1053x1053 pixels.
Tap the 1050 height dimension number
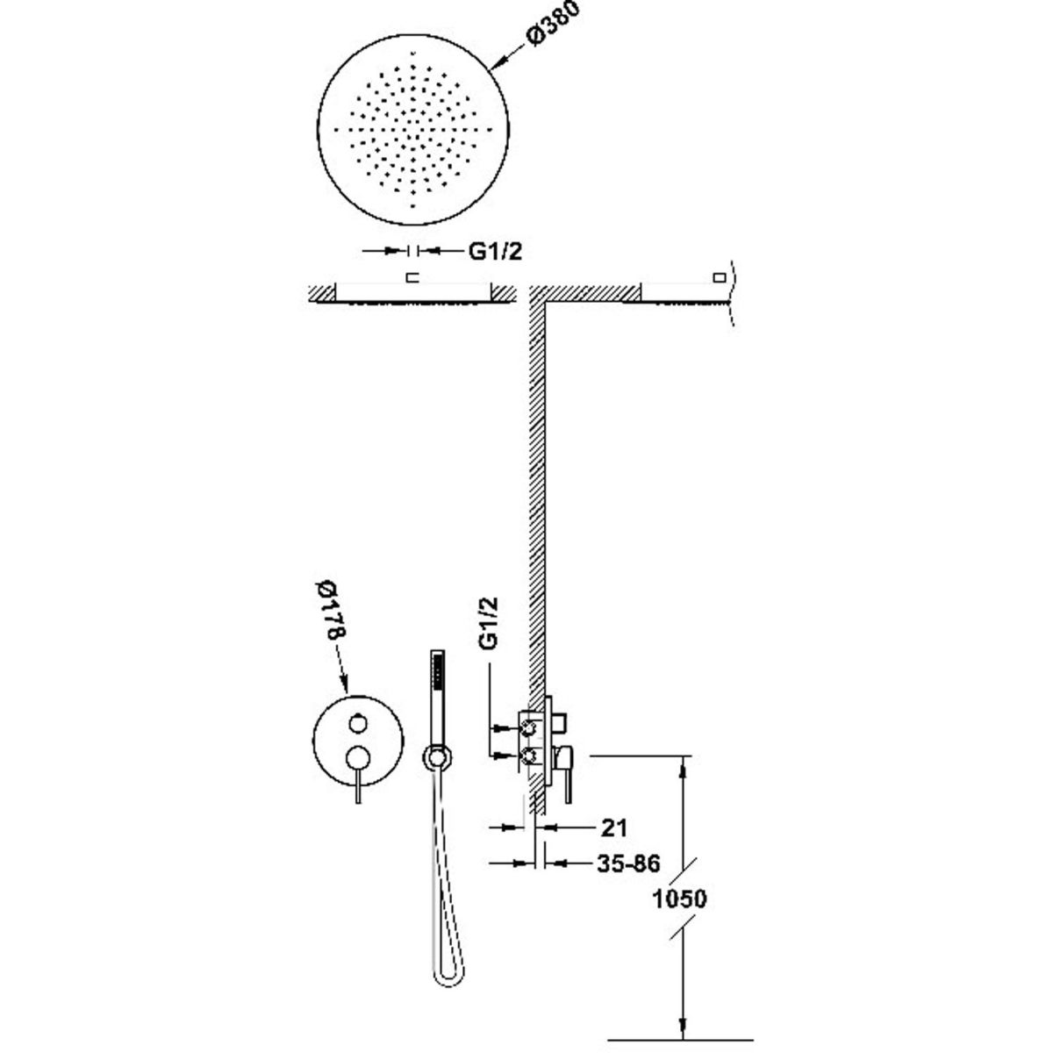coord(681,899)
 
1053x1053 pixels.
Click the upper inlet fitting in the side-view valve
coord(530,727)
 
